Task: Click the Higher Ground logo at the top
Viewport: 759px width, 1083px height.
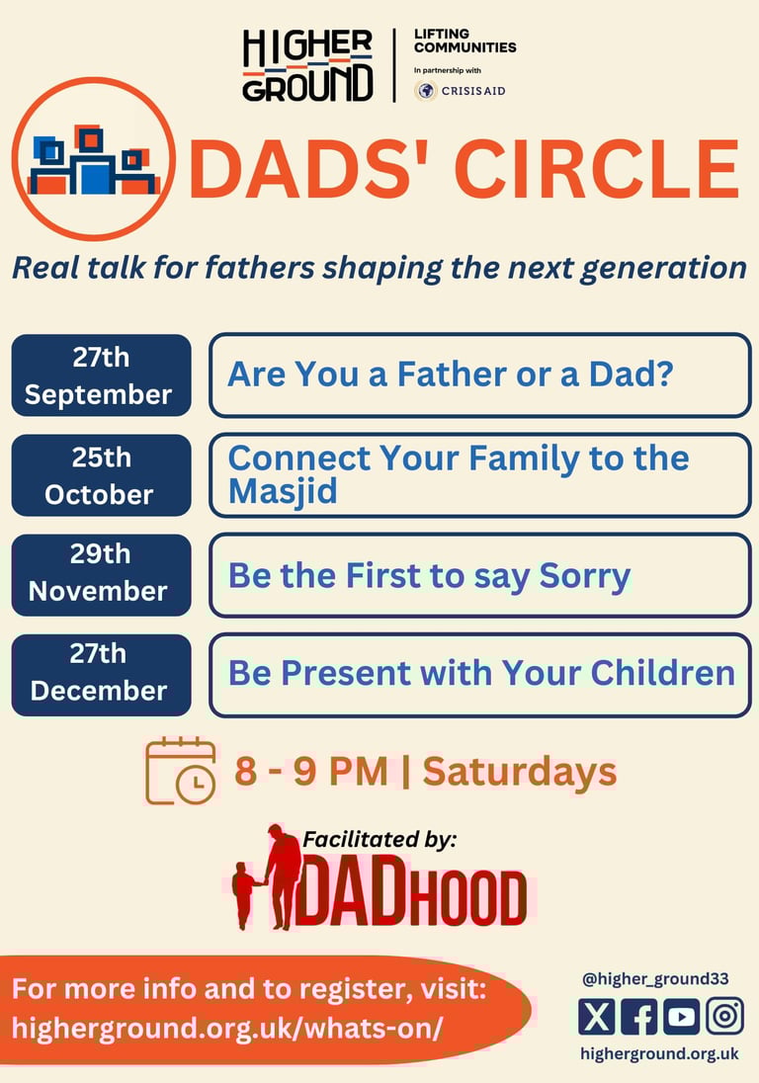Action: click(307, 65)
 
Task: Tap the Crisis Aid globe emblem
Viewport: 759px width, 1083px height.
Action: click(425, 91)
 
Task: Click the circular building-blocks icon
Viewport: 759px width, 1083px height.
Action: click(93, 159)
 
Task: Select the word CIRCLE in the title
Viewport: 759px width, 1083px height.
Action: click(597, 169)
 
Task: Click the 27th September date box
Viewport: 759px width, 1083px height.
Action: click(102, 375)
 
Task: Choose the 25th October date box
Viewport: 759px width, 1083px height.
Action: click(102, 475)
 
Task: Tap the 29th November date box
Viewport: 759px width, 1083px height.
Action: click(102, 575)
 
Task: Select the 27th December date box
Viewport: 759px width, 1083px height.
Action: click(102, 675)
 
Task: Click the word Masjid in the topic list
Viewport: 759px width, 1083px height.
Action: click(283, 492)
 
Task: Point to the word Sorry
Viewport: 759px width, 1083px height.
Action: click(585, 576)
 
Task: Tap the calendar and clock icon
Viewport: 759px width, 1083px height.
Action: click(181, 771)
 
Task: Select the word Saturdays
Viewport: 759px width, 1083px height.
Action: click(520, 772)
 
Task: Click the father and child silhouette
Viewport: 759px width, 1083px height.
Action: click(267, 876)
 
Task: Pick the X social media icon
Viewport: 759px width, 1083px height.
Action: click(596, 1017)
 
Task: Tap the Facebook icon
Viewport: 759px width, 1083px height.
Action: click(638, 1017)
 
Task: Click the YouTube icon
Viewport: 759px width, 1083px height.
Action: click(682, 1017)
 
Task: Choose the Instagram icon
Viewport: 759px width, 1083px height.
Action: click(724, 1016)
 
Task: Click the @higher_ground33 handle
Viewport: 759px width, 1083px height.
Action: click(655, 978)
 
